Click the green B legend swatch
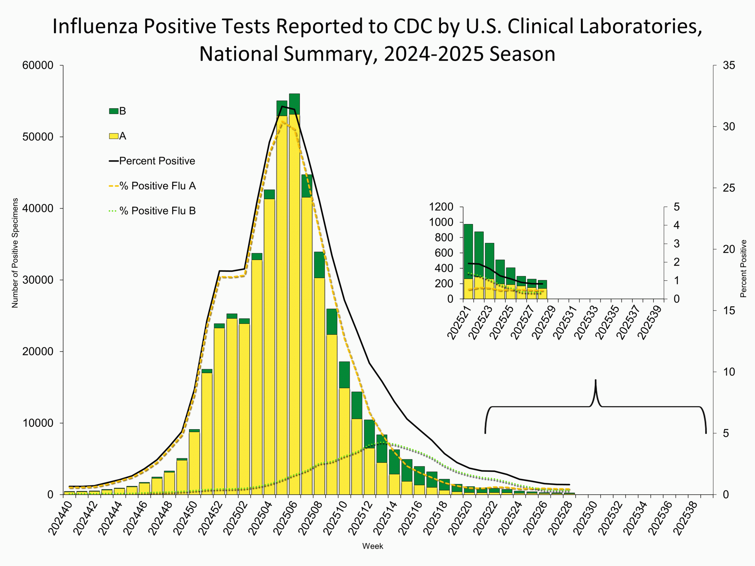pyautogui.click(x=114, y=111)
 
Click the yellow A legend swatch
pyautogui.click(x=114, y=136)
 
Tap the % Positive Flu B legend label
pyautogui.click(x=157, y=211)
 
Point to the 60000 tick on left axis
pyautogui.click(x=38, y=65)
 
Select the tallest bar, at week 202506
pyautogui.click(x=294, y=293)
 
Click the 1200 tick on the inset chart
pyautogui.click(x=441, y=207)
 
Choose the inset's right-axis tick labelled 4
pyautogui.click(x=676, y=226)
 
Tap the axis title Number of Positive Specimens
pyautogui.click(x=15, y=253)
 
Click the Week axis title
pyautogui.click(x=372, y=546)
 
